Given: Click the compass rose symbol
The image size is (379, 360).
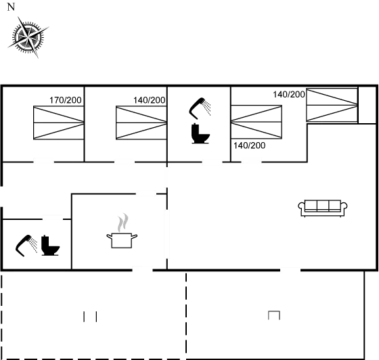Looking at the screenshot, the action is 28,37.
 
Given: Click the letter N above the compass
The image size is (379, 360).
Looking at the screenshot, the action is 11,7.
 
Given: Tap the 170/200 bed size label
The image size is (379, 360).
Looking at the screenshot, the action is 66,100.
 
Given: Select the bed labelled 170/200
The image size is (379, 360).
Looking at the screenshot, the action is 59,122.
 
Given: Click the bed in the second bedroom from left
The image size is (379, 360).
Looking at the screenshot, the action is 141,122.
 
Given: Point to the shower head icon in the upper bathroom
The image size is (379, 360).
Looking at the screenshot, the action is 200,108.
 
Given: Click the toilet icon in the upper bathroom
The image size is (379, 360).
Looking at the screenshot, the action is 200,133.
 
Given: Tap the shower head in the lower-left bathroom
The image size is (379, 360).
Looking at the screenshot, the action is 26,246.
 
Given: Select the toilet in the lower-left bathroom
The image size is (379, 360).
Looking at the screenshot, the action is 50,245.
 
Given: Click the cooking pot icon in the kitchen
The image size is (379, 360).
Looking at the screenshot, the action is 122,240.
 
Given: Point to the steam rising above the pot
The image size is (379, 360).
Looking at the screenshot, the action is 122,222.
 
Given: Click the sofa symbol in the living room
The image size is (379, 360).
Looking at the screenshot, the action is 323,208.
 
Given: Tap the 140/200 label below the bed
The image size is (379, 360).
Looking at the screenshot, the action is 250,145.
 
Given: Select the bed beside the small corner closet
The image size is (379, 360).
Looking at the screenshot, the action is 332,105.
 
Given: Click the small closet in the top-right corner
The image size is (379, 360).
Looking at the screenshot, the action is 367,105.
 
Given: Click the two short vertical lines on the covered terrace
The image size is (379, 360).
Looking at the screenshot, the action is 90,317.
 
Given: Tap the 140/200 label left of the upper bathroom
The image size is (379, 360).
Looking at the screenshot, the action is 150,100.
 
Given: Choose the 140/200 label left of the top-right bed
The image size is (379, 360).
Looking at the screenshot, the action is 289,94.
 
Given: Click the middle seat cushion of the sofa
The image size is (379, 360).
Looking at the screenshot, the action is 323,206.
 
